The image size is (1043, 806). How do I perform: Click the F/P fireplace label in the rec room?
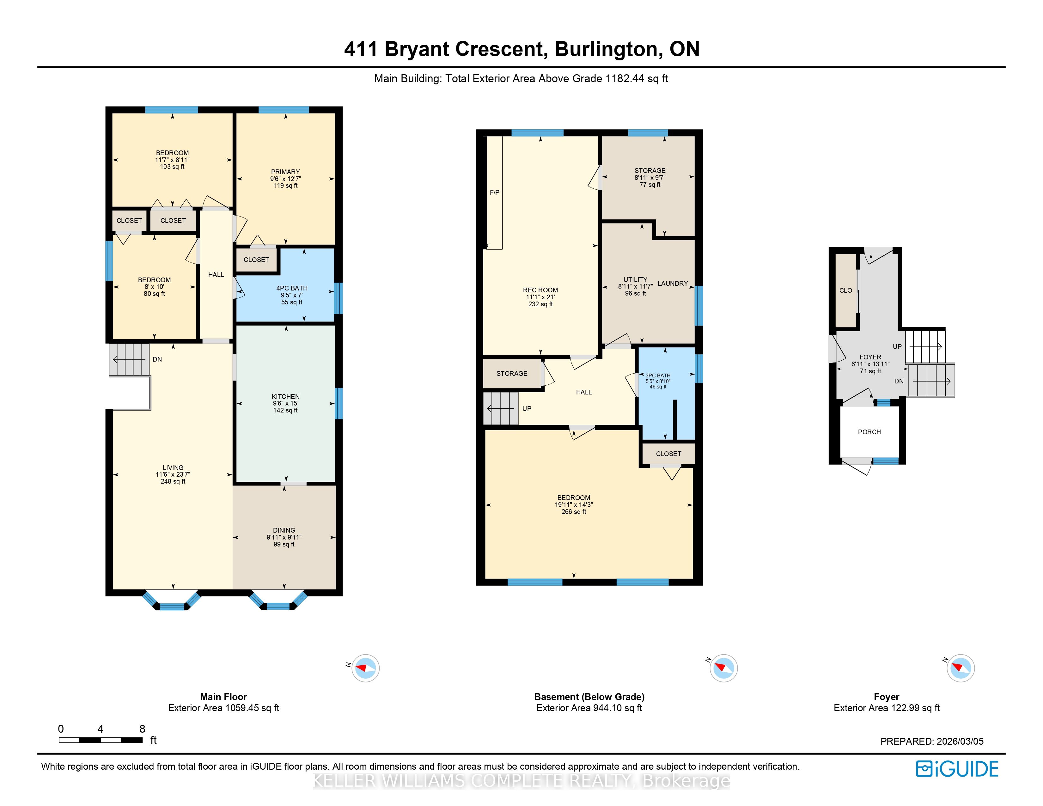pyautogui.click(x=494, y=192)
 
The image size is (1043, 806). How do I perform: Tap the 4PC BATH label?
pyautogui.click(x=292, y=288)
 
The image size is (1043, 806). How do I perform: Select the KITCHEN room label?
pyautogui.click(x=286, y=396)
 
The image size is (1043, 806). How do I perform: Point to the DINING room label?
pyautogui.click(x=284, y=530)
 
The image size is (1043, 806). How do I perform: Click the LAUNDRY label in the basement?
pyautogui.click(x=672, y=283)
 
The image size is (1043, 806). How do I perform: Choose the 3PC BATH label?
pyautogui.click(x=658, y=375)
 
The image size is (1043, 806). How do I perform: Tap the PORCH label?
pyautogui.click(x=869, y=432)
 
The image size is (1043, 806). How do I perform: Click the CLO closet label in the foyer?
pyautogui.click(x=846, y=290)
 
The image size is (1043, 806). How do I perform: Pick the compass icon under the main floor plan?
pyautogui.click(x=365, y=668)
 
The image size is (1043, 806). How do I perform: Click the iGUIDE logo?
pyautogui.click(x=957, y=769)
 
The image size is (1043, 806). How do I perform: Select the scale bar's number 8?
pyautogui.click(x=142, y=729)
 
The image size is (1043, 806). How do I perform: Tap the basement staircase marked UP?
pyautogui.click(x=501, y=408)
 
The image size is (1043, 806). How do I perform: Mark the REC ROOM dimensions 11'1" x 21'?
pyautogui.click(x=540, y=297)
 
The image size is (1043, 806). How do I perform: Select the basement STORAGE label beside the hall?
pyautogui.click(x=512, y=373)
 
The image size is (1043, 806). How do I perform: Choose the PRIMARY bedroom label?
pyautogui.click(x=286, y=172)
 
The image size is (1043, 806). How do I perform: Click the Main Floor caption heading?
pyautogui.click(x=223, y=697)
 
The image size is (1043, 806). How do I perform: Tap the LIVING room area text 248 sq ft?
pyautogui.click(x=173, y=481)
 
